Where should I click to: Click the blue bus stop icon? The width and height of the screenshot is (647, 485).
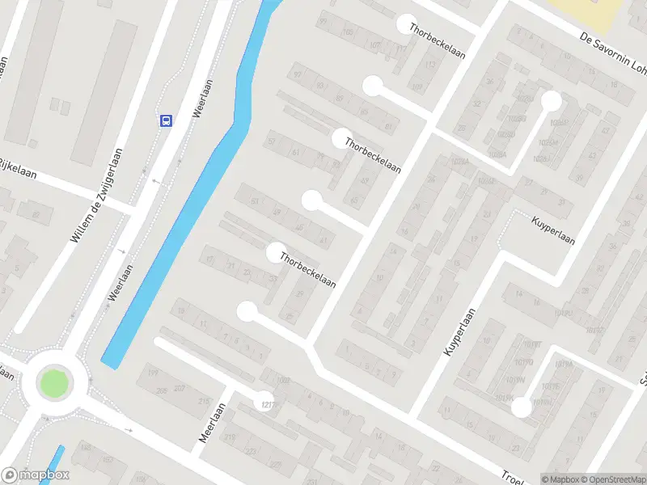tap(166, 121)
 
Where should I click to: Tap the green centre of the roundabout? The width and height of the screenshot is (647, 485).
tap(53, 382)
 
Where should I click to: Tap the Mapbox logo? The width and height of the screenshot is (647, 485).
tap(36, 476)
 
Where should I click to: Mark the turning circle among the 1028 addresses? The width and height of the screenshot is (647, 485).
tap(552, 101)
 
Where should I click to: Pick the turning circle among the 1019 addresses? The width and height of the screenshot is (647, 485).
tap(522, 408)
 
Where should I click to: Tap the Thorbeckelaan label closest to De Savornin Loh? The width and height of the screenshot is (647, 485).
tap(437, 40)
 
